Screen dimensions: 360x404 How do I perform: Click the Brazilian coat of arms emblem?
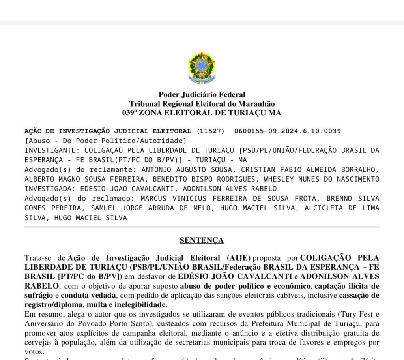point(202,67)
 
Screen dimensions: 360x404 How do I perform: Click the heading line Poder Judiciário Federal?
point(202,94)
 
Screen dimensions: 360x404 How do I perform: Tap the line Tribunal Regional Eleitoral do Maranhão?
point(202,103)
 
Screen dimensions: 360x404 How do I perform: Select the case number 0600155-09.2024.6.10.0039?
point(288,131)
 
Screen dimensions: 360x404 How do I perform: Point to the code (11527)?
point(210,131)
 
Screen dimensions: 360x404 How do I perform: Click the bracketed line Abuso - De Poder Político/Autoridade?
point(105,141)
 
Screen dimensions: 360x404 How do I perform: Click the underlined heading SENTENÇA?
point(202,240)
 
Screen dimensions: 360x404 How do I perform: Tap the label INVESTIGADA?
point(50,189)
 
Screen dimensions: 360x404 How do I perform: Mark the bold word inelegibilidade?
point(142,305)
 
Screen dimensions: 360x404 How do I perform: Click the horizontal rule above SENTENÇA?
point(202,227)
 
